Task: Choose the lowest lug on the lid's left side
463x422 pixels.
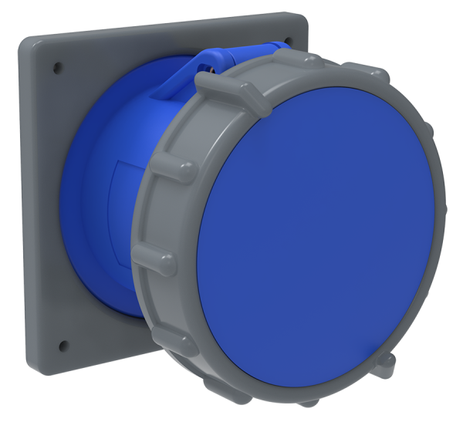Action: (167, 328)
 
